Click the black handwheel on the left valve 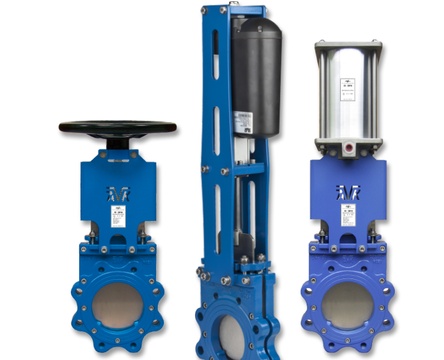(118, 127)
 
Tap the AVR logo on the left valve (118, 195)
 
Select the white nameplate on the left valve (118, 218)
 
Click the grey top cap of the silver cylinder (348, 45)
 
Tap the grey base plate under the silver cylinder (348, 145)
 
